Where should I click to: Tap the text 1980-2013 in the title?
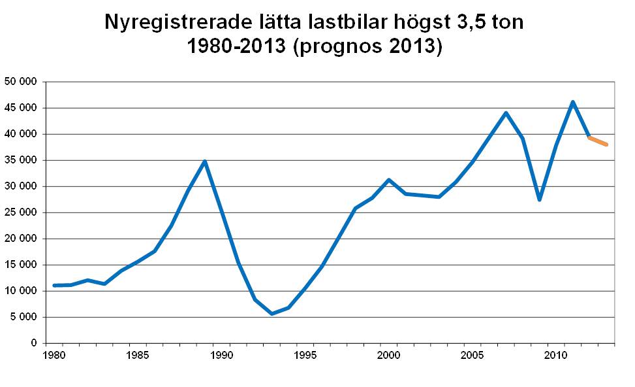[238, 48]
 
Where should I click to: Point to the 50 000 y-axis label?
[20, 82]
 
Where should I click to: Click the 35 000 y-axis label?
[20, 160]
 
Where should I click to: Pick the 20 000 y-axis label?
[20, 239]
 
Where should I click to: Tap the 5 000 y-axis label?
[22, 317]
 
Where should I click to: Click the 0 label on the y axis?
[33, 343]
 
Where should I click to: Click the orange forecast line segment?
[598, 141]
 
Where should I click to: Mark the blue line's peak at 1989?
[205, 161]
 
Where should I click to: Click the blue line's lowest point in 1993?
[271, 314]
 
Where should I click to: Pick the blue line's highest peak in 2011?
[572, 102]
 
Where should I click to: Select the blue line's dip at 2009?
[539, 199]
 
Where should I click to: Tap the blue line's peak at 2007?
[506, 113]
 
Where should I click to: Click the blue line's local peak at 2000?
[389, 180]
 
